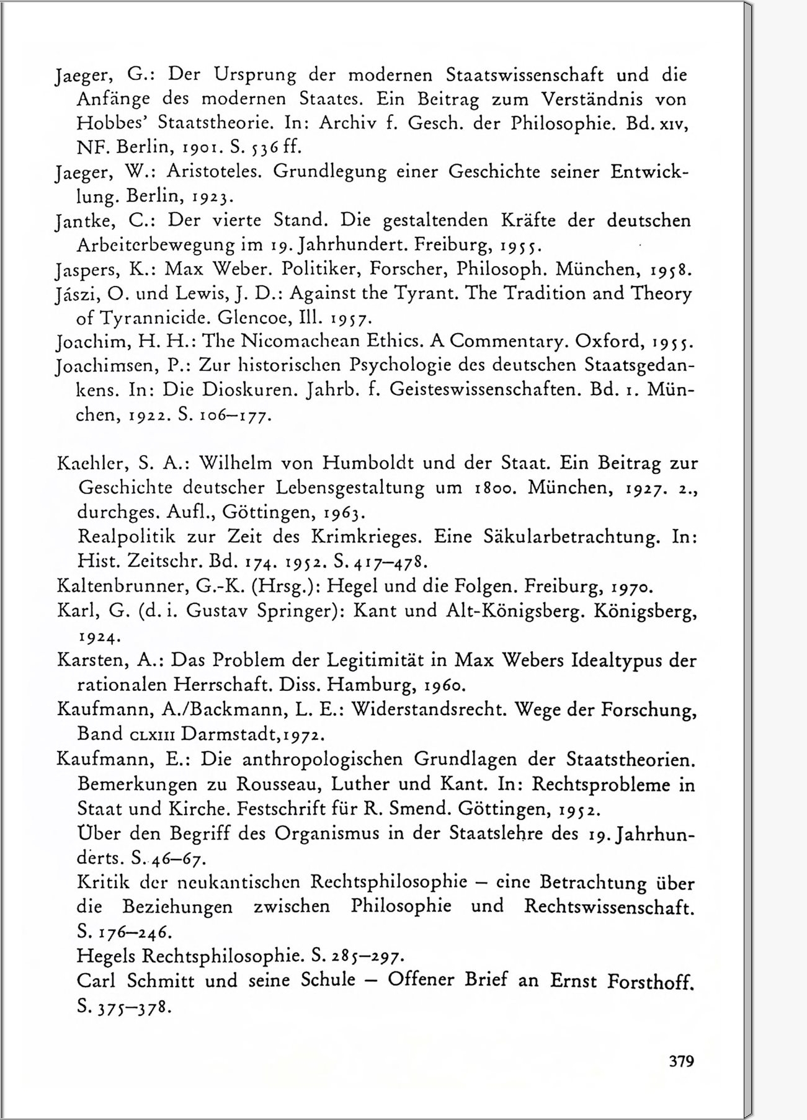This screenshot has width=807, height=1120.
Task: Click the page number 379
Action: pyautogui.click(x=681, y=1060)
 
